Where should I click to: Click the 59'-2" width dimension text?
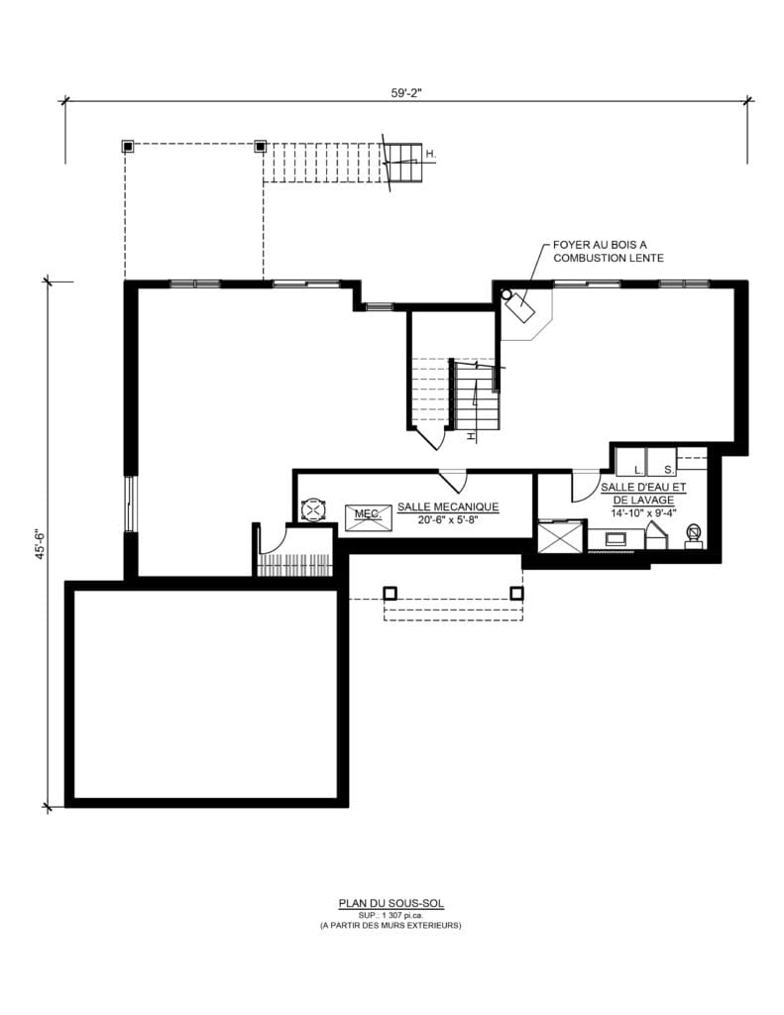pyautogui.click(x=406, y=92)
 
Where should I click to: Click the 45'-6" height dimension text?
pyautogui.click(x=40, y=544)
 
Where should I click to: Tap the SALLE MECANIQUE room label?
pyautogui.click(x=448, y=507)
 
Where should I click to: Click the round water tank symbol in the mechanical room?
pyautogui.click(x=313, y=509)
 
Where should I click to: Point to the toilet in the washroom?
pyautogui.click(x=694, y=535)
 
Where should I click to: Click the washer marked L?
pyautogui.click(x=629, y=462)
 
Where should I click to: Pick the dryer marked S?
pyautogui.click(x=661, y=462)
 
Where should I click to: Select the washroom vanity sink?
pyautogui.click(x=615, y=538)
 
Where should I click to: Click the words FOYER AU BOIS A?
pyautogui.click(x=600, y=246)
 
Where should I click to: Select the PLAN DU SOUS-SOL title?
pyautogui.click(x=392, y=903)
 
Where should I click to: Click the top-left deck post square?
pyautogui.click(x=128, y=147)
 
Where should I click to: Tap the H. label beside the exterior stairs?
pyautogui.click(x=431, y=155)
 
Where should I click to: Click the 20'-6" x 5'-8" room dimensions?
pyautogui.click(x=448, y=519)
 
